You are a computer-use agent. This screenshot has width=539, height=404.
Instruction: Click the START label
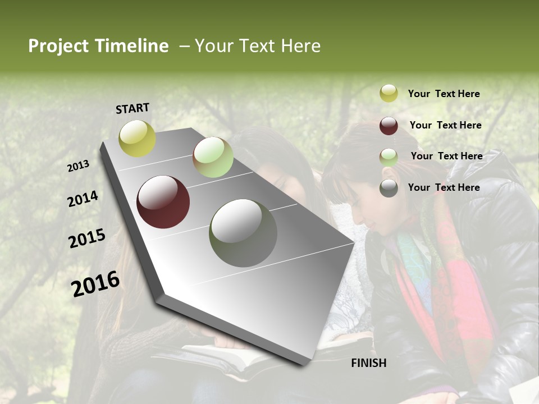(133, 108)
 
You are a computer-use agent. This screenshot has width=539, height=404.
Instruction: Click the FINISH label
(368, 363)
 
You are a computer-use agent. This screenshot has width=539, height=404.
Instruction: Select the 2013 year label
(79, 166)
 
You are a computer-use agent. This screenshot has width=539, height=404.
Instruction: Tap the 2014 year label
(83, 199)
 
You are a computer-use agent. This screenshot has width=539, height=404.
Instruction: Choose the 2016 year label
(95, 283)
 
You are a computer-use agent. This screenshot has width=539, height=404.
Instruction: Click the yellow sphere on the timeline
(138, 138)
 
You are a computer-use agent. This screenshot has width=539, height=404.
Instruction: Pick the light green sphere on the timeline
(213, 157)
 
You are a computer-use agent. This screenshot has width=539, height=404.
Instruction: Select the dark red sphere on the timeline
(163, 202)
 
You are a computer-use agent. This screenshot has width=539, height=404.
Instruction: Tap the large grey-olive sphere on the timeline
(243, 233)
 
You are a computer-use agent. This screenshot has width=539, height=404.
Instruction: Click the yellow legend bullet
(389, 94)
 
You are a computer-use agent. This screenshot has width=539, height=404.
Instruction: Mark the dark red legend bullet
(389, 126)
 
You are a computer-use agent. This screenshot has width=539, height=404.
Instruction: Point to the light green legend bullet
(389, 157)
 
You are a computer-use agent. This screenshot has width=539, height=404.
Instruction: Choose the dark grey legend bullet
(389, 188)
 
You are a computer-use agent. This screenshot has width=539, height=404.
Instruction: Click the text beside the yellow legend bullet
(444, 94)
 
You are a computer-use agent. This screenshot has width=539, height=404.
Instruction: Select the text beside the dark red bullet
(445, 125)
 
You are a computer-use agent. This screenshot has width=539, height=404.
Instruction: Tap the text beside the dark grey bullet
(444, 187)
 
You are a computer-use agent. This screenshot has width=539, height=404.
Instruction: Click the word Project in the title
(58, 46)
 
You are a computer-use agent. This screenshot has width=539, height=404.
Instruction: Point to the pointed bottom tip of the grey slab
(306, 363)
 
